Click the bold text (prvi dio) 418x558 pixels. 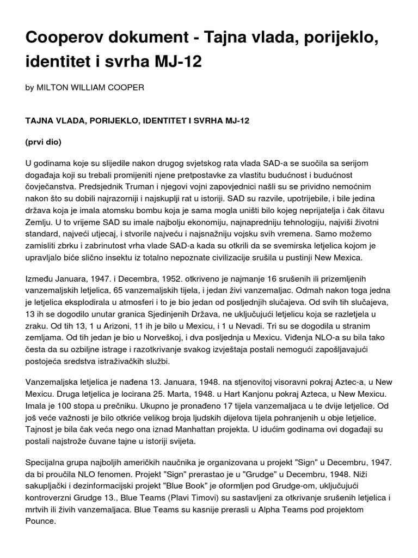tap(44, 142)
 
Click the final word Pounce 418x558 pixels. tap(41, 521)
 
